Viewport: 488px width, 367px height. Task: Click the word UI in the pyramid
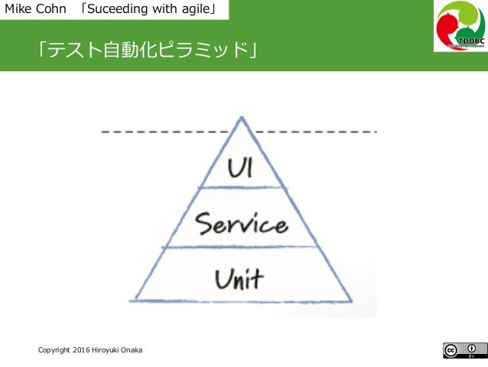point(241,165)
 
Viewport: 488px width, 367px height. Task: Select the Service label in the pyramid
point(241,224)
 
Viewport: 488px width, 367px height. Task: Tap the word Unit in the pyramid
point(239,278)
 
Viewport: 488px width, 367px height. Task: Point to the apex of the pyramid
point(242,118)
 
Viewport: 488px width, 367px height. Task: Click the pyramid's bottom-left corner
point(132,300)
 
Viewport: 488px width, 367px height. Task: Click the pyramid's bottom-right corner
point(351,300)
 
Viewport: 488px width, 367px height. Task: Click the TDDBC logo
point(459,26)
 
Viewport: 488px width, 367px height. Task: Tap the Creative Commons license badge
point(464,350)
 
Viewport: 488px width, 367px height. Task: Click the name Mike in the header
point(18,10)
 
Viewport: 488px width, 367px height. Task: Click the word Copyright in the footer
point(55,350)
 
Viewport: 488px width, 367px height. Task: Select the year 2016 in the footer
point(82,350)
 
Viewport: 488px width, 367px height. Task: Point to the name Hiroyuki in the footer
point(108,350)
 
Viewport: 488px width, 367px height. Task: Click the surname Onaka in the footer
point(132,350)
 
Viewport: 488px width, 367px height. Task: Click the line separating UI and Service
point(241,187)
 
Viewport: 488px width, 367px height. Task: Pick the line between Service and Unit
point(241,247)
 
